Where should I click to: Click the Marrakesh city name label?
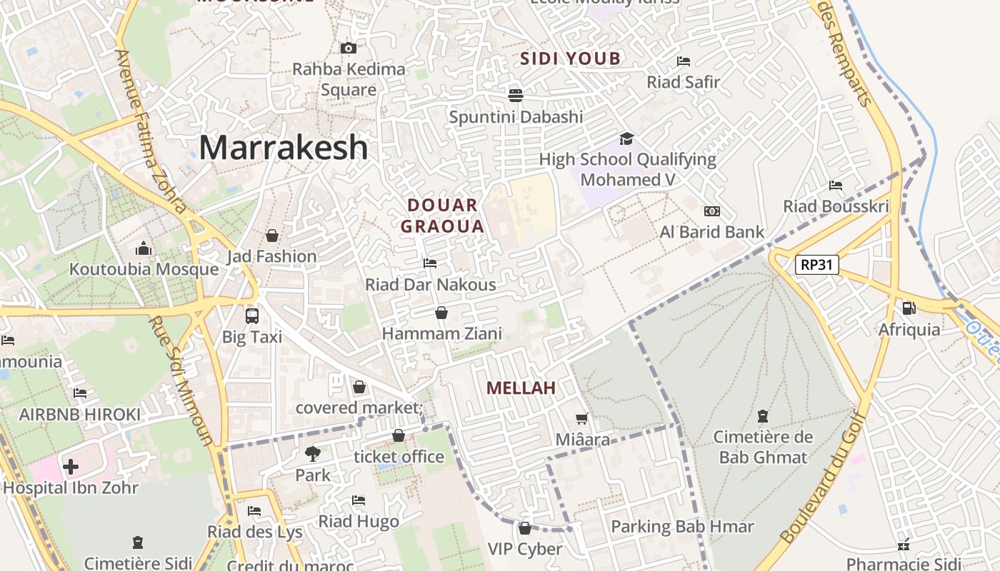[284, 148]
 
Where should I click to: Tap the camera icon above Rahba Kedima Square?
[349, 49]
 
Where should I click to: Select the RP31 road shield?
[817, 265]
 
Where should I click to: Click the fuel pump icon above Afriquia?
[909, 308]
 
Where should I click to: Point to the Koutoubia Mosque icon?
[144, 249]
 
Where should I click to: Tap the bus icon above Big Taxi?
[251, 315]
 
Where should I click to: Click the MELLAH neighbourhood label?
[521, 388]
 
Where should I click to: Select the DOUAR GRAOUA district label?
[442, 216]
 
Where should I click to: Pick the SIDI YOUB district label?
[571, 59]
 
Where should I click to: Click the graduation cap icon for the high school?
[626, 138]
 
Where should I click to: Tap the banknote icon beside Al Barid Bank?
[712, 211]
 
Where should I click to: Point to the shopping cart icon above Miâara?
[582, 418]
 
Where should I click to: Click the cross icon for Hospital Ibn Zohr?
[71, 468]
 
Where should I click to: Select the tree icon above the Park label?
[312, 453]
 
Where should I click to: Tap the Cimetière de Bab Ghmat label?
[763, 447]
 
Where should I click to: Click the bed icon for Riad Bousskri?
[836, 186]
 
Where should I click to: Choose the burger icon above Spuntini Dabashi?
[516, 95]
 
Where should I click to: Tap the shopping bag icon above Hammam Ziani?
[441, 313]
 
